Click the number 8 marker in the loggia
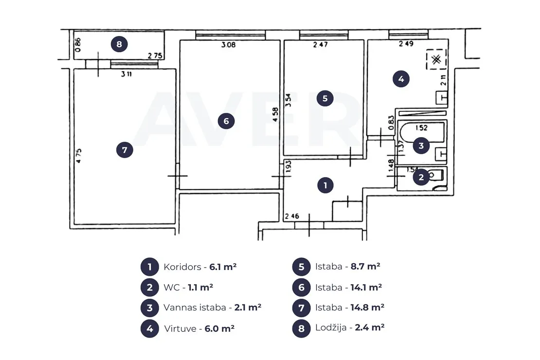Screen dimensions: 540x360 [x=119, y=44]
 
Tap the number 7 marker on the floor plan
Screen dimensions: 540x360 [x=125, y=150]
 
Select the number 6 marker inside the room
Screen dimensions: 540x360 [x=226, y=121]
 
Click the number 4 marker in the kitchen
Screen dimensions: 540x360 [x=401, y=79]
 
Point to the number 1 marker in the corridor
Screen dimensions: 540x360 [x=325, y=185]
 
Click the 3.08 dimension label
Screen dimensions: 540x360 [x=229, y=45]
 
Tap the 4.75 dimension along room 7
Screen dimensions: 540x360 [x=79, y=156]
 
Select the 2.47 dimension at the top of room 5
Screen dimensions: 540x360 [x=321, y=44]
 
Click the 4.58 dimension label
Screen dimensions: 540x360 [x=275, y=115]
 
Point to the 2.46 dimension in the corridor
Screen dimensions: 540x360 [x=292, y=216]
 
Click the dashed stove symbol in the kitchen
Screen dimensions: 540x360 [x=436, y=59]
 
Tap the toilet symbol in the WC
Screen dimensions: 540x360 [x=437, y=176]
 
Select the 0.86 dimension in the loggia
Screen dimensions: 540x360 [x=78, y=45]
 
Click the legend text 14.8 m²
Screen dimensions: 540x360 [x=367, y=307]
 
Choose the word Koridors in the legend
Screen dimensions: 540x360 [x=182, y=267]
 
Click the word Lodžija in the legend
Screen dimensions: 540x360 [x=331, y=327]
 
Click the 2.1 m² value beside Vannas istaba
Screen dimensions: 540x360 [x=248, y=307]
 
